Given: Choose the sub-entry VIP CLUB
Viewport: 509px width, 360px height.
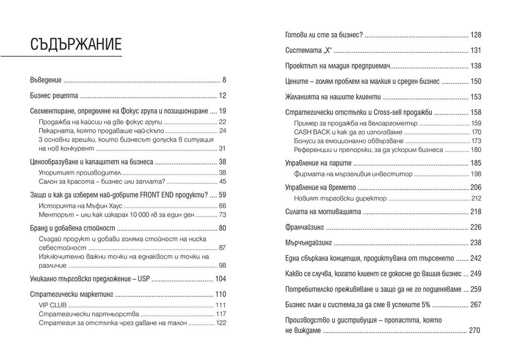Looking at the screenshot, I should coord(50,305).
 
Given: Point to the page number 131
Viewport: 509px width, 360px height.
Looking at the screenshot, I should coord(475,50).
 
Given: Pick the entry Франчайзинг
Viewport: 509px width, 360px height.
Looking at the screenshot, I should coord(306,227).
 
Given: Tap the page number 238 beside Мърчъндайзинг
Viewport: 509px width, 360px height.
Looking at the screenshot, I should coord(475,243).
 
